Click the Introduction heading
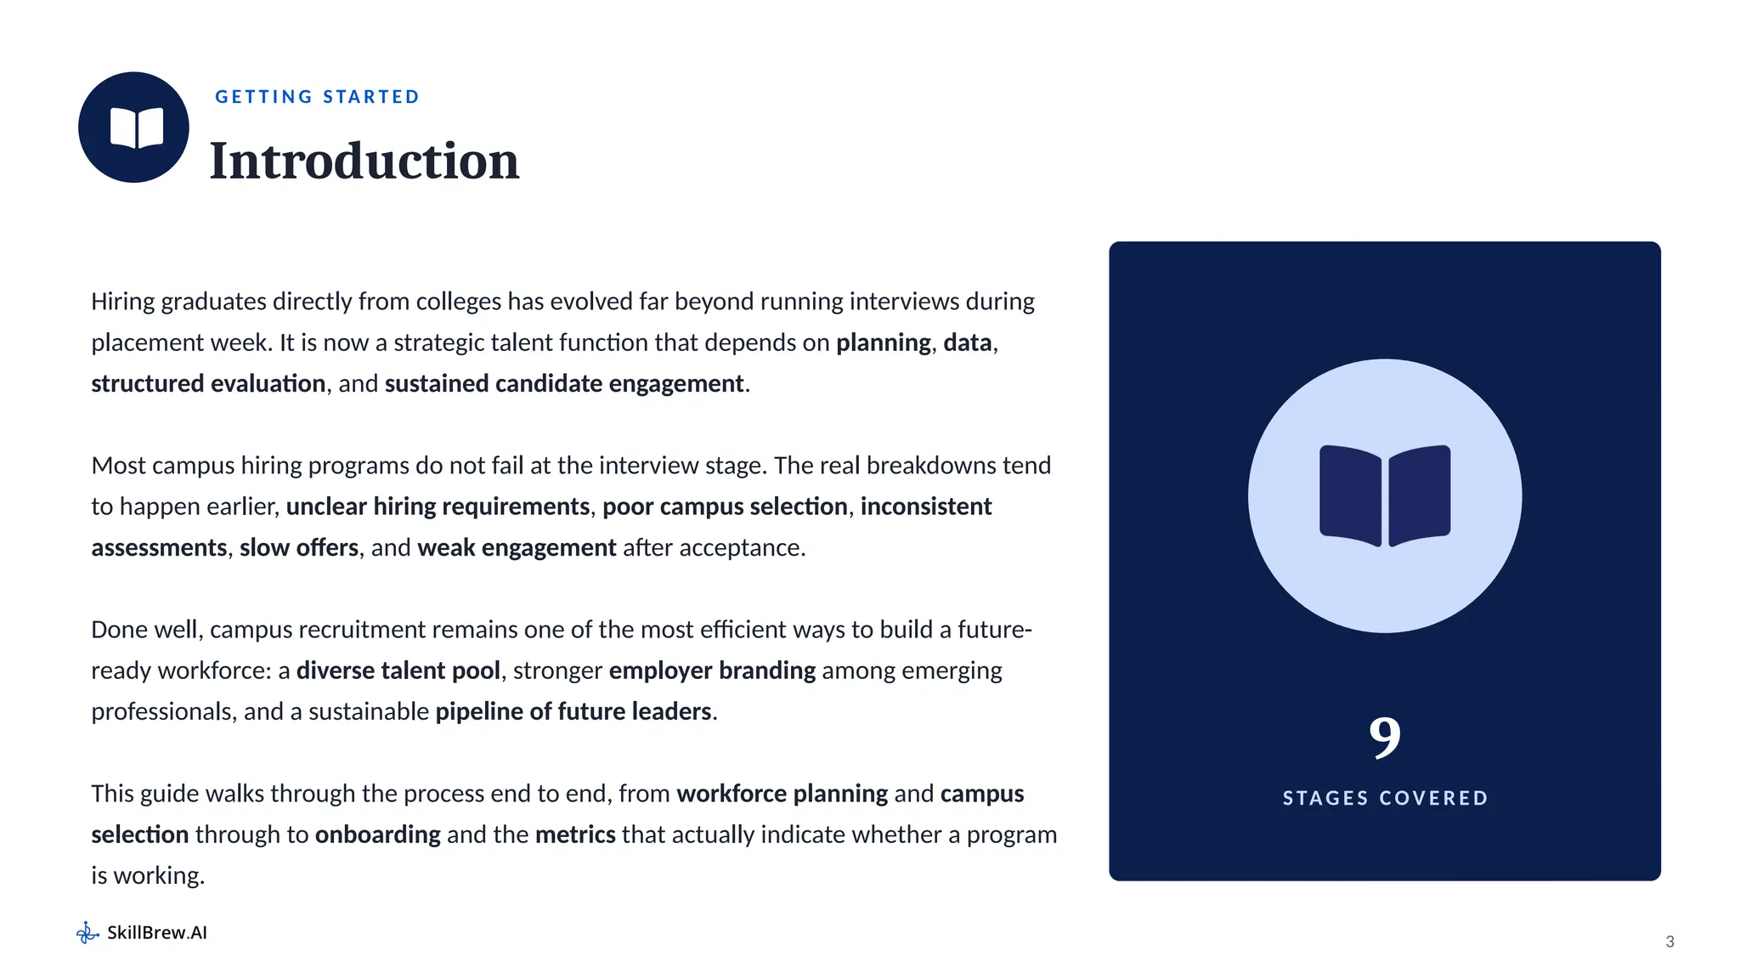[x=364, y=161]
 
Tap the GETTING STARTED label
[x=318, y=97]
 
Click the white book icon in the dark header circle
[x=137, y=128]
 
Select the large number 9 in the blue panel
[x=1385, y=737]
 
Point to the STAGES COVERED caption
[x=1385, y=798]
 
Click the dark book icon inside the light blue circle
[x=1385, y=495]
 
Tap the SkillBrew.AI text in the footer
[x=157, y=932]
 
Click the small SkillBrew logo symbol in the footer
[x=88, y=933]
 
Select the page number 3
[x=1669, y=942]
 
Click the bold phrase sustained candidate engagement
[x=564, y=383]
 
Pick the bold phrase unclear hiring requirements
[x=438, y=506]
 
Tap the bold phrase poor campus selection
[x=725, y=506]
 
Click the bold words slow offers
[x=299, y=547]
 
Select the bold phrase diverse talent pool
[x=398, y=671]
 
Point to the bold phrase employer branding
[x=712, y=671]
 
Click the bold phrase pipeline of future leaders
[x=573, y=711]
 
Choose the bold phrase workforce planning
[x=782, y=794]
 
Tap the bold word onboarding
[x=378, y=835]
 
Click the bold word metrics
[x=575, y=835]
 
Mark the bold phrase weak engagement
[x=517, y=547]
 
